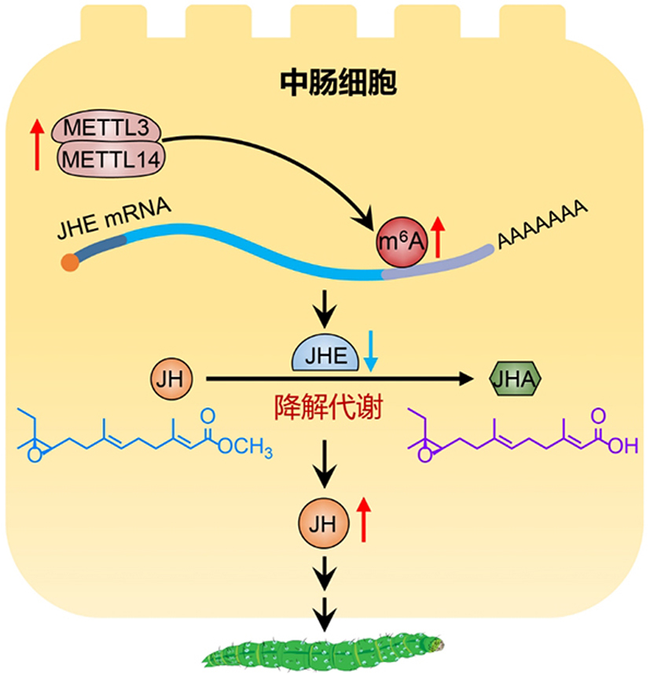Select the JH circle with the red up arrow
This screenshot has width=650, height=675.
coord(324,519)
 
